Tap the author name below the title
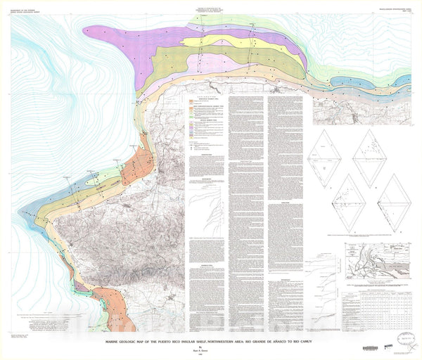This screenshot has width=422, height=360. (x=211, y=349)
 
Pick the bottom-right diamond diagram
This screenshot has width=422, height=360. (x=395, y=203)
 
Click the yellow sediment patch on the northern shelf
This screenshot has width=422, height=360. (x=232, y=41)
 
